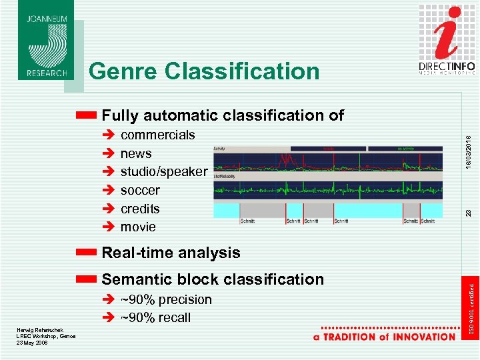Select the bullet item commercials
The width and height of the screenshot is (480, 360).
coord(157,135)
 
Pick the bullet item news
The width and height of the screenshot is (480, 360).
coord(136,153)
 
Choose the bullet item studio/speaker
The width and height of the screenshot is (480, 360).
coord(163,172)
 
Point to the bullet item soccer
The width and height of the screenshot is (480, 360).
coord(140,190)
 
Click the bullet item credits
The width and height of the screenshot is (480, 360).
coord(140,209)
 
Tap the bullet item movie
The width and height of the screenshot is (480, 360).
coord(138,227)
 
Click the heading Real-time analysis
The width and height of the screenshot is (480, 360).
coord(171,253)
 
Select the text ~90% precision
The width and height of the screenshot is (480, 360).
coord(166,300)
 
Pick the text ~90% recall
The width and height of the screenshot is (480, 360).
coord(155,318)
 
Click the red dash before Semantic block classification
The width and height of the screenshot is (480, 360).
coord(87,279)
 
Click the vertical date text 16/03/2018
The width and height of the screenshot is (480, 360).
coord(469,146)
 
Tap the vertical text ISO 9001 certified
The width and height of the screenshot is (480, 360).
coord(471,309)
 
